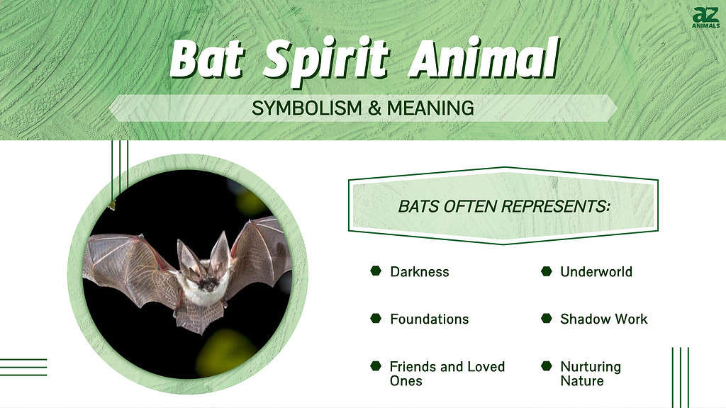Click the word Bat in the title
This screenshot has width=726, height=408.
(x=206, y=59)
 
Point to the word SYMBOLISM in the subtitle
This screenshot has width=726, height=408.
(x=306, y=108)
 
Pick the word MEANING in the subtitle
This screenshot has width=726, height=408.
(x=430, y=108)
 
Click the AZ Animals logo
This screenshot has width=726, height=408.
(x=705, y=18)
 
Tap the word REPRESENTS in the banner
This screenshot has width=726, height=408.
(x=555, y=206)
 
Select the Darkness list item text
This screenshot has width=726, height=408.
(x=420, y=271)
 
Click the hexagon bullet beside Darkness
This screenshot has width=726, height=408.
(x=376, y=271)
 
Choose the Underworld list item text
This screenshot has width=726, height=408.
(x=596, y=271)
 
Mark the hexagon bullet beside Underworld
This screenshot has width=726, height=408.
(x=547, y=271)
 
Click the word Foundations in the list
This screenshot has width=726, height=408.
(x=429, y=319)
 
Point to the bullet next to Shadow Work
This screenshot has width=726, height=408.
(x=547, y=318)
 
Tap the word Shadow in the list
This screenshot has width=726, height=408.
(x=581, y=319)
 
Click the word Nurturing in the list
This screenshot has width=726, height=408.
(x=591, y=367)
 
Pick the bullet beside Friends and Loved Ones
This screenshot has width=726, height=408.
(x=376, y=366)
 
